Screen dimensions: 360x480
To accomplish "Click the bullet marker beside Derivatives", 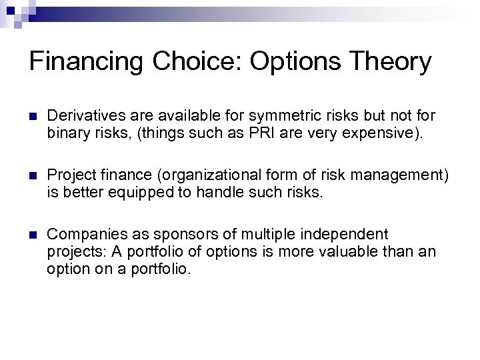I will click(33, 116).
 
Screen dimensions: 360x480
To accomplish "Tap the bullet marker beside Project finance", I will click(33, 175).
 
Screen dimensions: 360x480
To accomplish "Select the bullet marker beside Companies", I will click(33, 235).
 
